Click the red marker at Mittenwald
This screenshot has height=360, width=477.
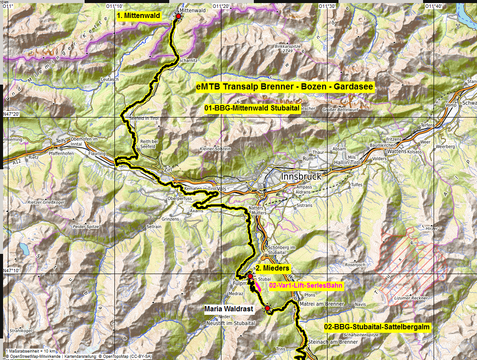178,16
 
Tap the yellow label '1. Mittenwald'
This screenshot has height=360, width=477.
139,15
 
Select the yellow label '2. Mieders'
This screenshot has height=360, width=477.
272,268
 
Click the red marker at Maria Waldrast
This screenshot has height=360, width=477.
267,308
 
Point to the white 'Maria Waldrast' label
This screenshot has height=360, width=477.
229,309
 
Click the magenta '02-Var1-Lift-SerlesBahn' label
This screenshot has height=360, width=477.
306,285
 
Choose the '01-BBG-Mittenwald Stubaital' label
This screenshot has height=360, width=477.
252,108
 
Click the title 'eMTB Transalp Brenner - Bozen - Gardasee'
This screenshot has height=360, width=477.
285,87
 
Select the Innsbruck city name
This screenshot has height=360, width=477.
300,176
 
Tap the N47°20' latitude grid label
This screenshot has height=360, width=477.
12,114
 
